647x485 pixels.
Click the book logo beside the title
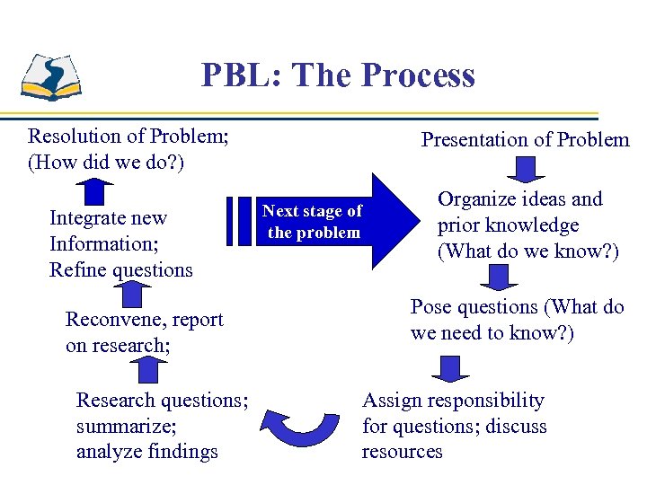(x=51, y=75)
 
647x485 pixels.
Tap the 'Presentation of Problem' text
(x=526, y=139)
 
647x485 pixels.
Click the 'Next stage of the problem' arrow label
(x=312, y=222)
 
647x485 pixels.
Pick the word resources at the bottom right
(x=402, y=451)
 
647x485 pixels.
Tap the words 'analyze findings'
(x=147, y=451)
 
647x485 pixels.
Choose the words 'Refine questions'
(x=121, y=269)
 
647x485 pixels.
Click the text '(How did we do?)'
(x=106, y=163)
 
